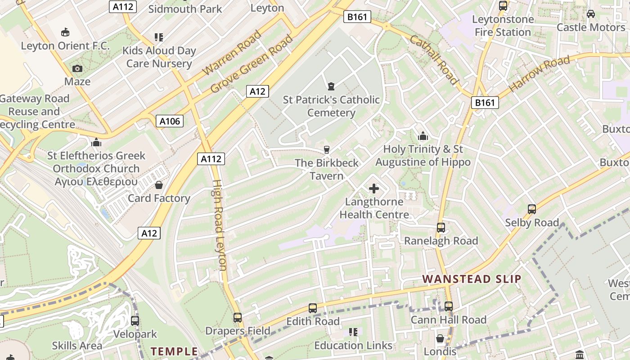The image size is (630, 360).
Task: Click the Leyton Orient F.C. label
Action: pyautogui.click(x=65, y=46)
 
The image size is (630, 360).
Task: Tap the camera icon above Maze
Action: pyautogui.click(x=77, y=68)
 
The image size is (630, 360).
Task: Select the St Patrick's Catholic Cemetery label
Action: pyautogui.click(x=331, y=106)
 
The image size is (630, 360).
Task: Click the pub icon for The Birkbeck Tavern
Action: pyautogui.click(x=327, y=150)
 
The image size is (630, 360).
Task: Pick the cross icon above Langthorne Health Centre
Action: pyautogui.click(x=374, y=189)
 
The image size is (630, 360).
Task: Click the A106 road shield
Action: pyautogui.click(x=170, y=121)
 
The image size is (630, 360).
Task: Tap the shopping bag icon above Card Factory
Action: pyautogui.click(x=159, y=185)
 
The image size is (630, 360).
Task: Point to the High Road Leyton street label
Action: pyautogui.click(x=219, y=225)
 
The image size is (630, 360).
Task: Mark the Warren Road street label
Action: pyautogui.click(x=232, y=53)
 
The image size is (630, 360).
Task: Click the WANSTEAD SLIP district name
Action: pyautogui.click(x=472, y=279)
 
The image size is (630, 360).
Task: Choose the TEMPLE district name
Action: pyautogui.click(x=174, y=351)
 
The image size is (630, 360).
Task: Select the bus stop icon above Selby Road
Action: pyautogui.click(x=532, y=209)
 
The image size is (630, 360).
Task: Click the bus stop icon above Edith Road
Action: pyautogui.click(x=313, y=308)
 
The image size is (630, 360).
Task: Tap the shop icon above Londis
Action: pyautogui.click(x=440, y=338)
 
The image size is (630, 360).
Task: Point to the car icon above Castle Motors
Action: pyautogui.click(x=591, y=14)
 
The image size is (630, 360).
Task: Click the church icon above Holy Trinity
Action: pyautogui.click(x=423, y=136)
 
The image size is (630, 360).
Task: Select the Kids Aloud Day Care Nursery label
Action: pyautogui.click(x=159, y=57)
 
